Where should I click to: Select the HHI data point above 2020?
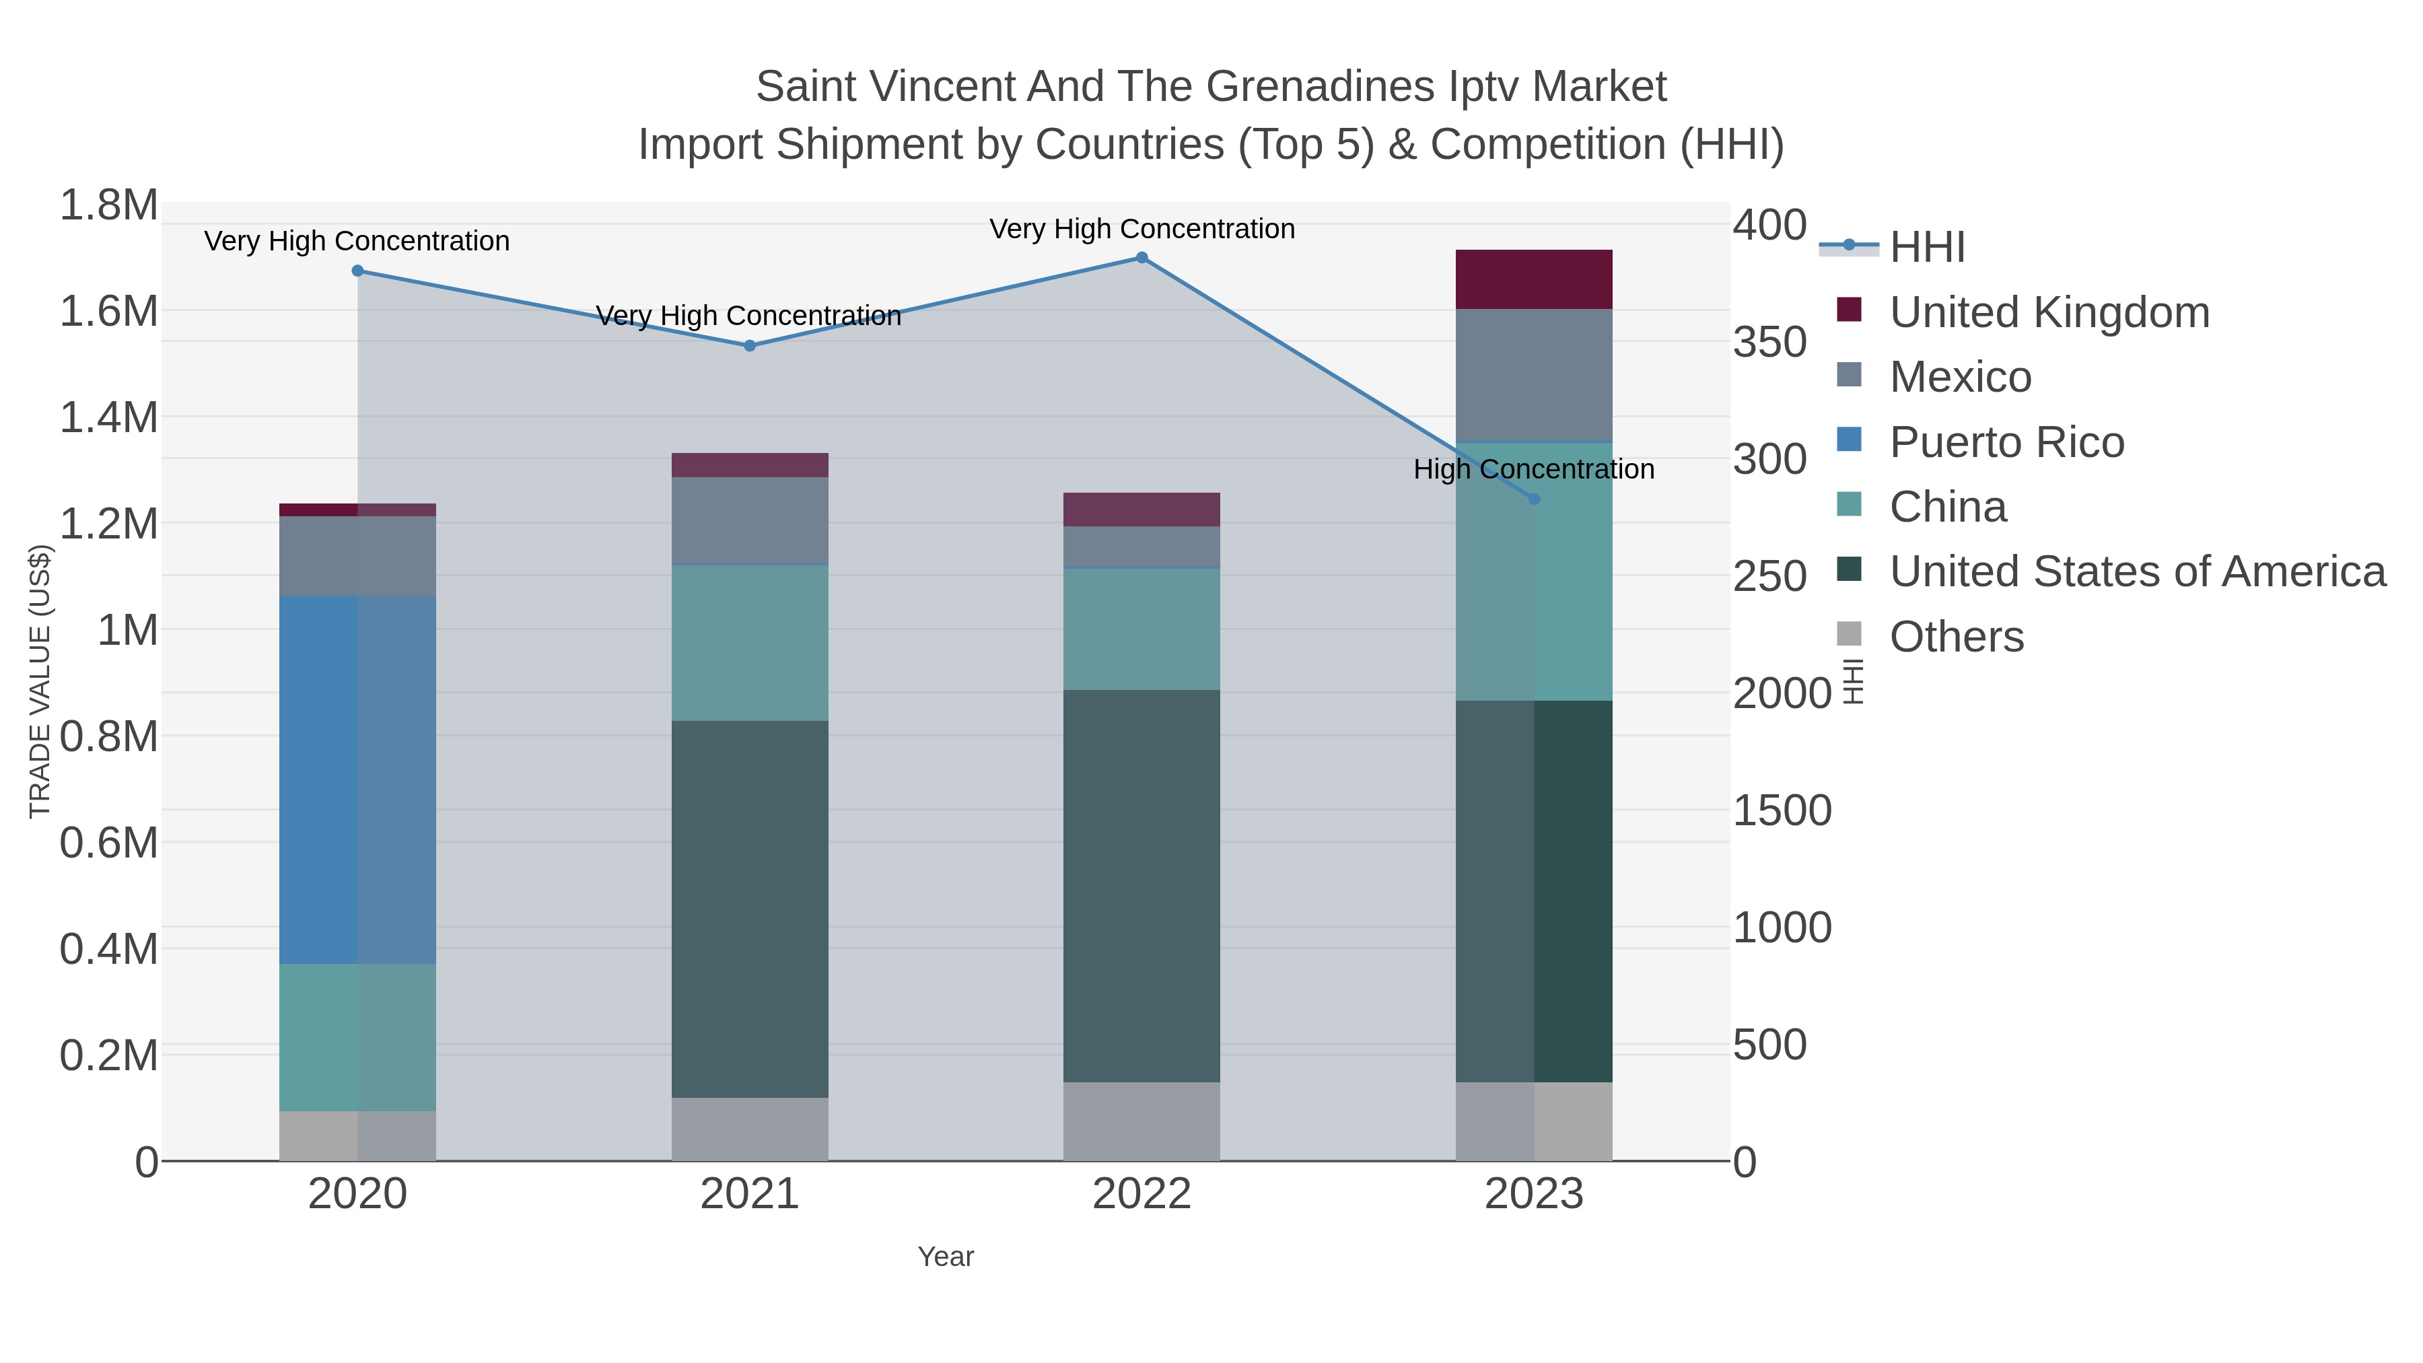click(x=357, y=271)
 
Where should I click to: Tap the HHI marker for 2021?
click(x=750, y=346)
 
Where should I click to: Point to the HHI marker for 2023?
click(x=1534, y=499)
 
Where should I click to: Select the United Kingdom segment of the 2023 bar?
click(x=1534, y=279)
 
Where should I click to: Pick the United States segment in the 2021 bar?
click(x=750, y=909)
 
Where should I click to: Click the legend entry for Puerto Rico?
click(x=2006, y=442)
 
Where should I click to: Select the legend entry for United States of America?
click(x=2137, y=572)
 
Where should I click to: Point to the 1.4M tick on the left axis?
click(x=109, y=417)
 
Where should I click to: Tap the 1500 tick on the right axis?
click(x=1782, y=811)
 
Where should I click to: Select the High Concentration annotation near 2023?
click(x=1533, y=469)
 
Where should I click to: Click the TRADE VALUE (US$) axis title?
click(x=40, y=681)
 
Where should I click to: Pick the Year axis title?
click(x=946, y=1257)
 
